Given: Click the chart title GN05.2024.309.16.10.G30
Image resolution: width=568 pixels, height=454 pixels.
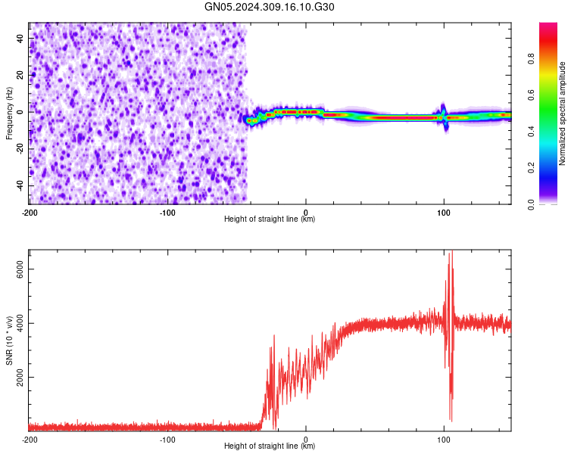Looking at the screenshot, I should (x=270, y=7).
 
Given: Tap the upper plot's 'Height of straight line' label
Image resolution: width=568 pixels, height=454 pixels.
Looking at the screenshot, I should (x=270, y=219).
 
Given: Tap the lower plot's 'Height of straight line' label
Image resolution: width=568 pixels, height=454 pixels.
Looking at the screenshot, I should (x=270, y=446).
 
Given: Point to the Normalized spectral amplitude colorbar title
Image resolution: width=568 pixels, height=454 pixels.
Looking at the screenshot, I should (x=563, y=113).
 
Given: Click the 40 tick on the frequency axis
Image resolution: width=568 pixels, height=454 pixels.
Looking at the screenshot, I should (x=20, y=37).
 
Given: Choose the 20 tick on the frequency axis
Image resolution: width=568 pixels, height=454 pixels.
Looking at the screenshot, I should (x=20, y=74).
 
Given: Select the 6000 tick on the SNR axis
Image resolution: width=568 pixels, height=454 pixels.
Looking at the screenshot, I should (x=16, y=269).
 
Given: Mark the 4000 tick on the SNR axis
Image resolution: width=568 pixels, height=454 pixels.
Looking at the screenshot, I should (x=16, y=323).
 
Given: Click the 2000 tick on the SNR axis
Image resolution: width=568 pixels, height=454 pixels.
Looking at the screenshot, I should (x=16, y=377).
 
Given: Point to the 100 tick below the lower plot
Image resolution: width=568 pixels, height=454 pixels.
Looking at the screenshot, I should (x=444, y=439).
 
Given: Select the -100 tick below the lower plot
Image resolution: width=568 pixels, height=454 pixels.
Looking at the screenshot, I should (x=167, y=439).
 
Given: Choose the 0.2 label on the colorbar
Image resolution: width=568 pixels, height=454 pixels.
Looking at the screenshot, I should (x=532, y=168).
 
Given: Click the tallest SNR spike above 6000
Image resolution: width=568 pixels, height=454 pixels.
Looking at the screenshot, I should (x=451, y=254).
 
